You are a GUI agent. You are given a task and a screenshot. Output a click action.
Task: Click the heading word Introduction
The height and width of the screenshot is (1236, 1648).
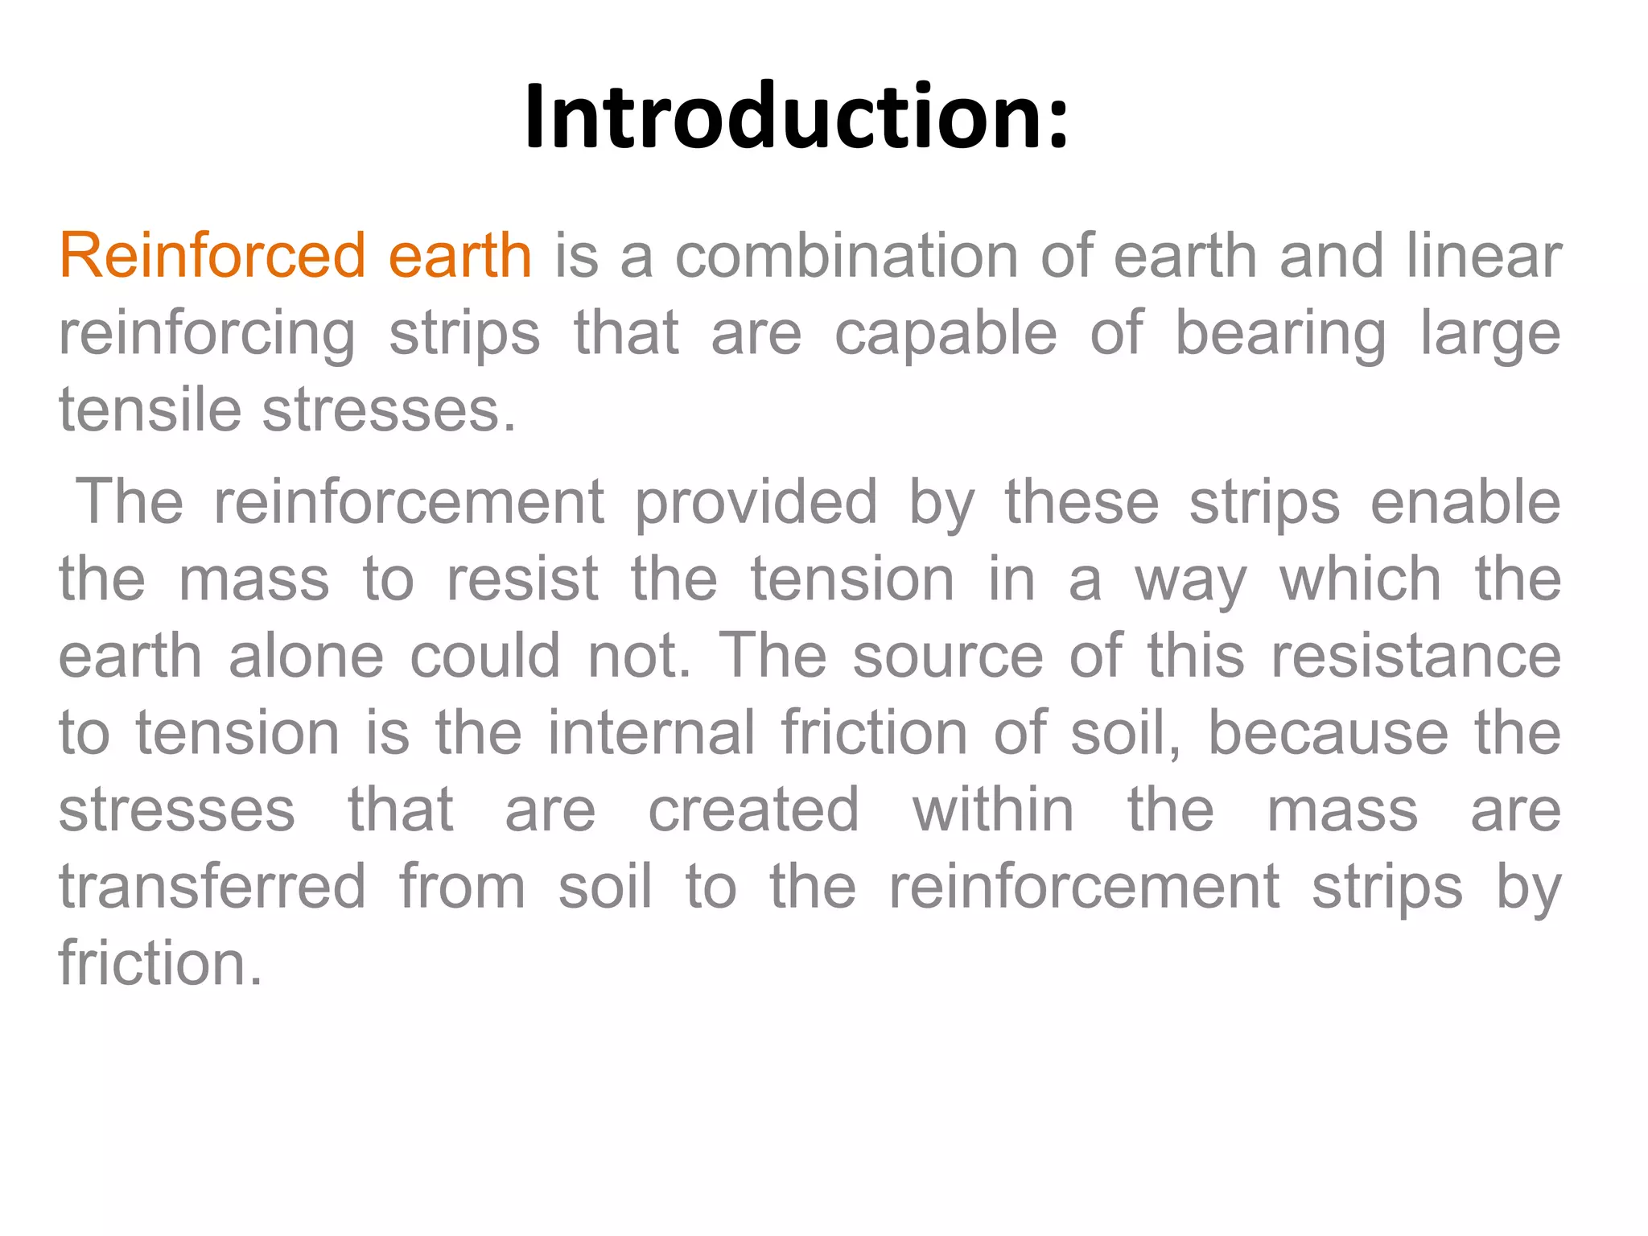click(x=795, y=117)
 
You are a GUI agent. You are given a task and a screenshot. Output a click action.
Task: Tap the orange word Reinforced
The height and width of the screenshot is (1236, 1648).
click(x=212, y=256)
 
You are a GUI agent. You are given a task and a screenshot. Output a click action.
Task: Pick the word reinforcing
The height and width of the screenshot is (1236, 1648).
click(x=207, y=334)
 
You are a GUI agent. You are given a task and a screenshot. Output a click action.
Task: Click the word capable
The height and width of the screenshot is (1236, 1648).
click(x=946, y=334)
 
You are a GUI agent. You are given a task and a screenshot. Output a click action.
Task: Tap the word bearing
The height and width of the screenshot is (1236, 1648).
click(x=1281, y=334)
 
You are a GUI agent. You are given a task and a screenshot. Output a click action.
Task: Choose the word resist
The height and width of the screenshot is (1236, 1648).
click(x=522, y=579)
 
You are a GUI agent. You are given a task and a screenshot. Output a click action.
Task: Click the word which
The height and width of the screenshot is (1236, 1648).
click(x=1360, y=579)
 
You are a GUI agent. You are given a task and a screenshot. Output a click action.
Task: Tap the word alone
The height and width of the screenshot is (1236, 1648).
click(x=307, y=656)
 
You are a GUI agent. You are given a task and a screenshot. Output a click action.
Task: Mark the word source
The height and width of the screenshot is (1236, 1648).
click(x=948, y=656)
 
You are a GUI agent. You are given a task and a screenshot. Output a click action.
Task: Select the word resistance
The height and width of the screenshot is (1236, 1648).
click(x=1416, y=656)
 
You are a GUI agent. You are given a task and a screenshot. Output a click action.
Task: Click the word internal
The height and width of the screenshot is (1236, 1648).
click(x=652, y=733)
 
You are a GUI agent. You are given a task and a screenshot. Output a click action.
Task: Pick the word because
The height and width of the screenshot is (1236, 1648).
click(x=1328, y=733)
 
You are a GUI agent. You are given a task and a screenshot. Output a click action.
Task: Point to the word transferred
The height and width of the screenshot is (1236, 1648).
click(x=212, y=887)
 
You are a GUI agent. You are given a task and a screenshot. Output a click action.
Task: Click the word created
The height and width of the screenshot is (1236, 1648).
click(x=754, y=810)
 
